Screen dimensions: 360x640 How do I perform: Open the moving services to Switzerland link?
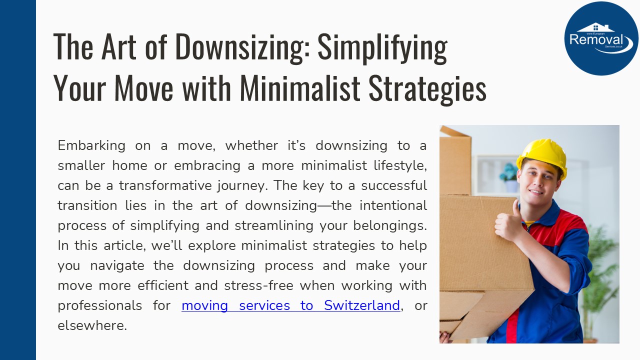290,305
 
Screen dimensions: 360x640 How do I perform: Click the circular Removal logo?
601,38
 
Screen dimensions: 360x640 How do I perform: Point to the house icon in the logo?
595,27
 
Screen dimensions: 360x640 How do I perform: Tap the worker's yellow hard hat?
542,155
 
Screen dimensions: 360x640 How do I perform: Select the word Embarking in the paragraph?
91,145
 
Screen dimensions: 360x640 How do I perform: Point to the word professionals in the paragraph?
99,305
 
